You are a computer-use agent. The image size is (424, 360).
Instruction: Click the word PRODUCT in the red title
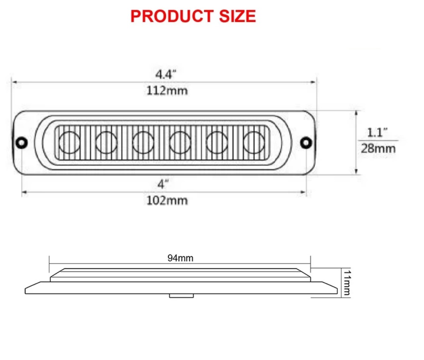pos(172,16)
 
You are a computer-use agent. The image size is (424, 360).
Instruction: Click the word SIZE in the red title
pos(238,16)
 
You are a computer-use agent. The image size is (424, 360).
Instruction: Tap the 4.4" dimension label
pos(166,74)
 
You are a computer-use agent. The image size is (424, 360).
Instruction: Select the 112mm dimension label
pos(167,91)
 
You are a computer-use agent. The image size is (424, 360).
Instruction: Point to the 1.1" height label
pos(377,132)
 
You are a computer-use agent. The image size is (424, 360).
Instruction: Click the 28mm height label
pos(378,149)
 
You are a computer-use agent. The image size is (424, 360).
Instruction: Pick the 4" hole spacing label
pos(163,184)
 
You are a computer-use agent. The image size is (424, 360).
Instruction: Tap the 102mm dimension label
pos(167,201)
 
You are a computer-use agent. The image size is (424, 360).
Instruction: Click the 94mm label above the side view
pos(180,258)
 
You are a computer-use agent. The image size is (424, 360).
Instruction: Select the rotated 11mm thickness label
pos(347,282)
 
